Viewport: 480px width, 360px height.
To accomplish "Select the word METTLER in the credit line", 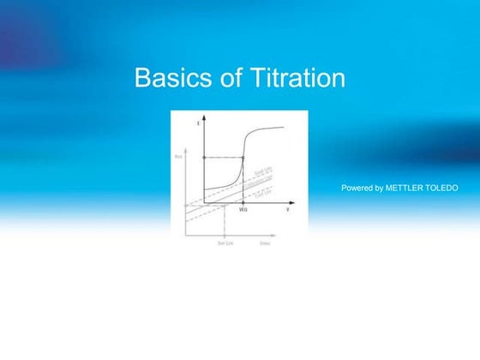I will point(405,187).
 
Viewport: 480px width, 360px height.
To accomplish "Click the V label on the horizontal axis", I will point(288,209).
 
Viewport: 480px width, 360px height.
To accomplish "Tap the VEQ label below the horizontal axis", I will point(243,210).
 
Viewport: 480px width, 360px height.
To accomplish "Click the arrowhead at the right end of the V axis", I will point(293,203).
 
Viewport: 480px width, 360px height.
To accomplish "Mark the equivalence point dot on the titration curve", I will point(243,158).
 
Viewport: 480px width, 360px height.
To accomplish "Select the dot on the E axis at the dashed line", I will point(203,158).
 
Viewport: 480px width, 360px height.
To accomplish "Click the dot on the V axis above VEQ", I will point(243,203).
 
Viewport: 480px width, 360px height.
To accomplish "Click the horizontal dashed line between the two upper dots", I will point(223,158).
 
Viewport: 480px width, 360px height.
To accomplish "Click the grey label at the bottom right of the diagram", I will point(266,244).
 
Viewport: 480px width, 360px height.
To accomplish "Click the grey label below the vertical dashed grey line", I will point(225,244).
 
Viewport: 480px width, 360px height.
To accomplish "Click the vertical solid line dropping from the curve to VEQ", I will point(243,182).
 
